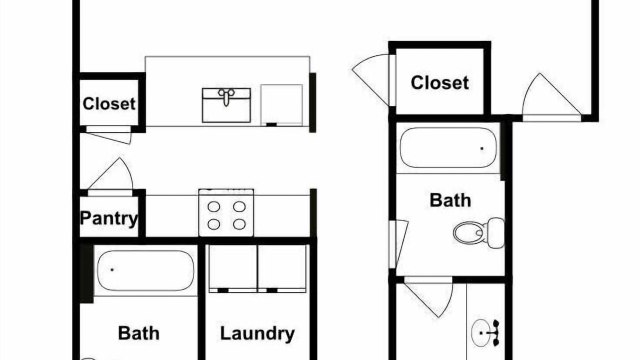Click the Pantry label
109,219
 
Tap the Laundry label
257,333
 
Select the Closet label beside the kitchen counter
109,103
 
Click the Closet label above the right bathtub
439,82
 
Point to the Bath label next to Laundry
138,333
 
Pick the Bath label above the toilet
450,200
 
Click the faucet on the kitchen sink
226,97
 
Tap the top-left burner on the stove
213,206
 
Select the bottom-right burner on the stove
239,224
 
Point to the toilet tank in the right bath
496,233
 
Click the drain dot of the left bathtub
112,269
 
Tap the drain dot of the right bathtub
482,148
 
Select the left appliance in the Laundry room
233,268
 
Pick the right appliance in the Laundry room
281,268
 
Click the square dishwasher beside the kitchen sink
281,105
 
